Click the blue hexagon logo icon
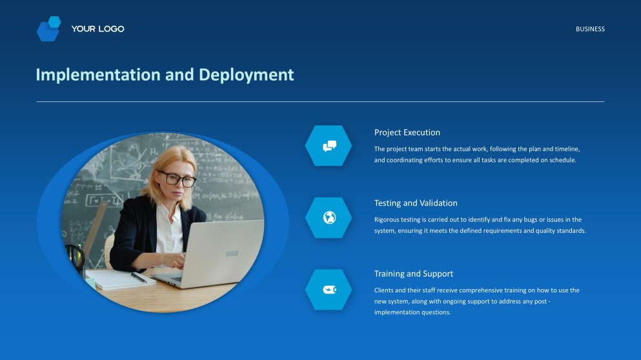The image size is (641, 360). (x=48, y=29)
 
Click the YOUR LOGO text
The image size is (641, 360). (x=97, y=29)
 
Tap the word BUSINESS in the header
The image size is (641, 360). (x=590, y=29)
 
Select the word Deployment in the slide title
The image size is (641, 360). (x=246, y=75)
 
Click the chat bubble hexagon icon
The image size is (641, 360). (x=329, y=146)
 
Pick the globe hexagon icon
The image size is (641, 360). (x=329, y=217)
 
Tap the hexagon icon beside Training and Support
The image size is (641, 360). (x=329, y=289)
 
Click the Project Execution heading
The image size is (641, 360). (x=407, y=132)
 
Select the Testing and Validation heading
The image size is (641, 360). (x=416, y=203)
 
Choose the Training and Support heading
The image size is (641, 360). (x=413, y=274)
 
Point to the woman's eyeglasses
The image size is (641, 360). (x=176, y=179)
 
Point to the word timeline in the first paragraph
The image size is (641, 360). (x=565, y=149)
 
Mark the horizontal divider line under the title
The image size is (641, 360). (x=320, y=102)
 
